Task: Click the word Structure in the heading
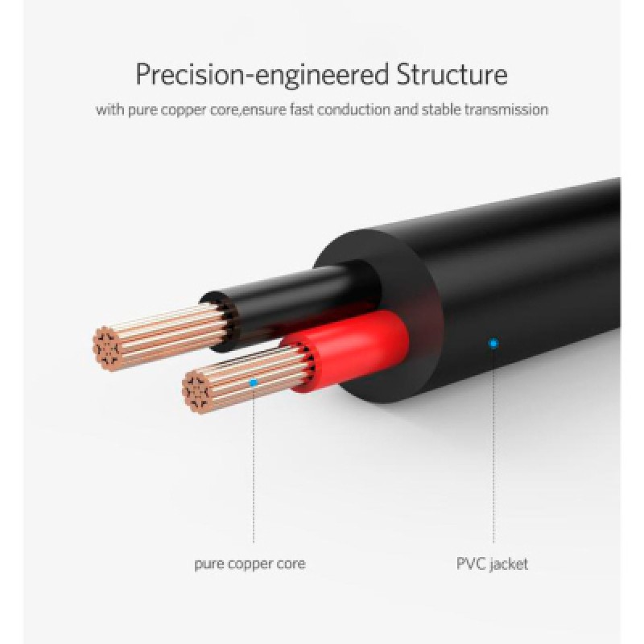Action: [452, 74]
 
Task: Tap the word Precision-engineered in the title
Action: [262, 75]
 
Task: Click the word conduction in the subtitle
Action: [353, 109]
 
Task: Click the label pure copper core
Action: [250, 563]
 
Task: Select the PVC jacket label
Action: [493, 564]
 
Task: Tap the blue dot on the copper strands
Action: [254, 383]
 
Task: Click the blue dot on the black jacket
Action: [493, 343]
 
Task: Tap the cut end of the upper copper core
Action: [106, 349]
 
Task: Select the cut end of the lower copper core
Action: [196, 392]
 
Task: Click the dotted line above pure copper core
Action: [254, 464]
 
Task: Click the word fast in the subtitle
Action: [301, 109]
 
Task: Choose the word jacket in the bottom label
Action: [510, 564]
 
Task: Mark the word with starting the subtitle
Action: [110, 109]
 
